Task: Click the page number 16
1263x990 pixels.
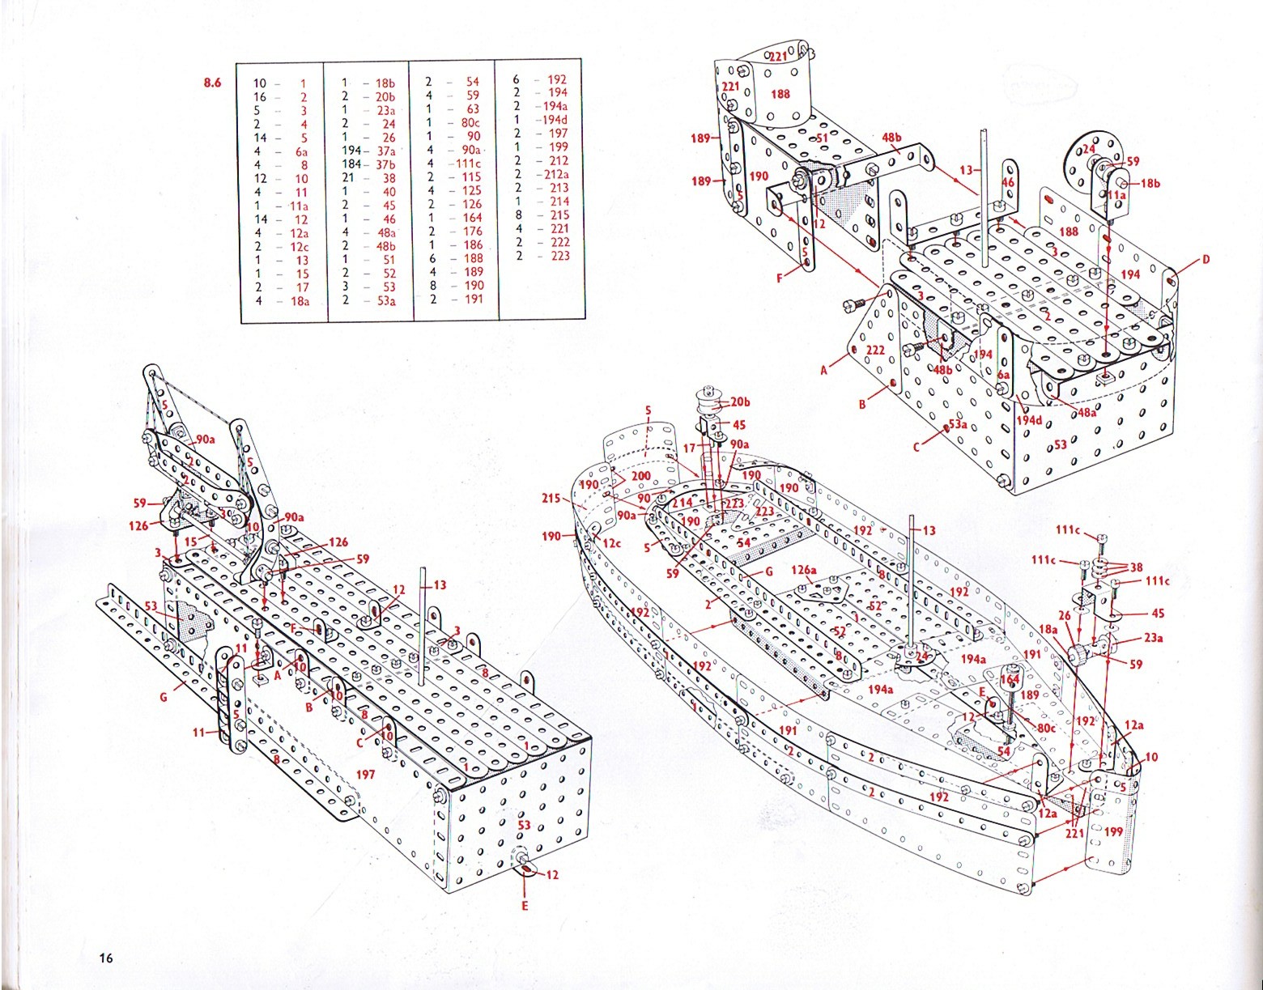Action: click(105, 958)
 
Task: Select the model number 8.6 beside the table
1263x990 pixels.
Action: click(211, 82)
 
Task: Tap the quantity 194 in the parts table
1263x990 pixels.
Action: click(350, 151)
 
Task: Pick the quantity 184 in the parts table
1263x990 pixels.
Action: click(350, 165)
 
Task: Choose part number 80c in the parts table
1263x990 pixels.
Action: click(469, 123)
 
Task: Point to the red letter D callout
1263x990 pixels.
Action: click(1206, 260)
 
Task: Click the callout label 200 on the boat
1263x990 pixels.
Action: click(641, 475)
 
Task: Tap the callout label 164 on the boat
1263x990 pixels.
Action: click(1010, 681)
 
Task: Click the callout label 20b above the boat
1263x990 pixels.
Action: click(740, 402)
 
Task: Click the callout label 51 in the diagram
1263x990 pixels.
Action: click(823, 138)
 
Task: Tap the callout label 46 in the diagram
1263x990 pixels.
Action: click(1008, 184)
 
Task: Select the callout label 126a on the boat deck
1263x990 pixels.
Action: click(803, 570)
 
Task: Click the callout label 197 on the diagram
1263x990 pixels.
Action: click(366, 775)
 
